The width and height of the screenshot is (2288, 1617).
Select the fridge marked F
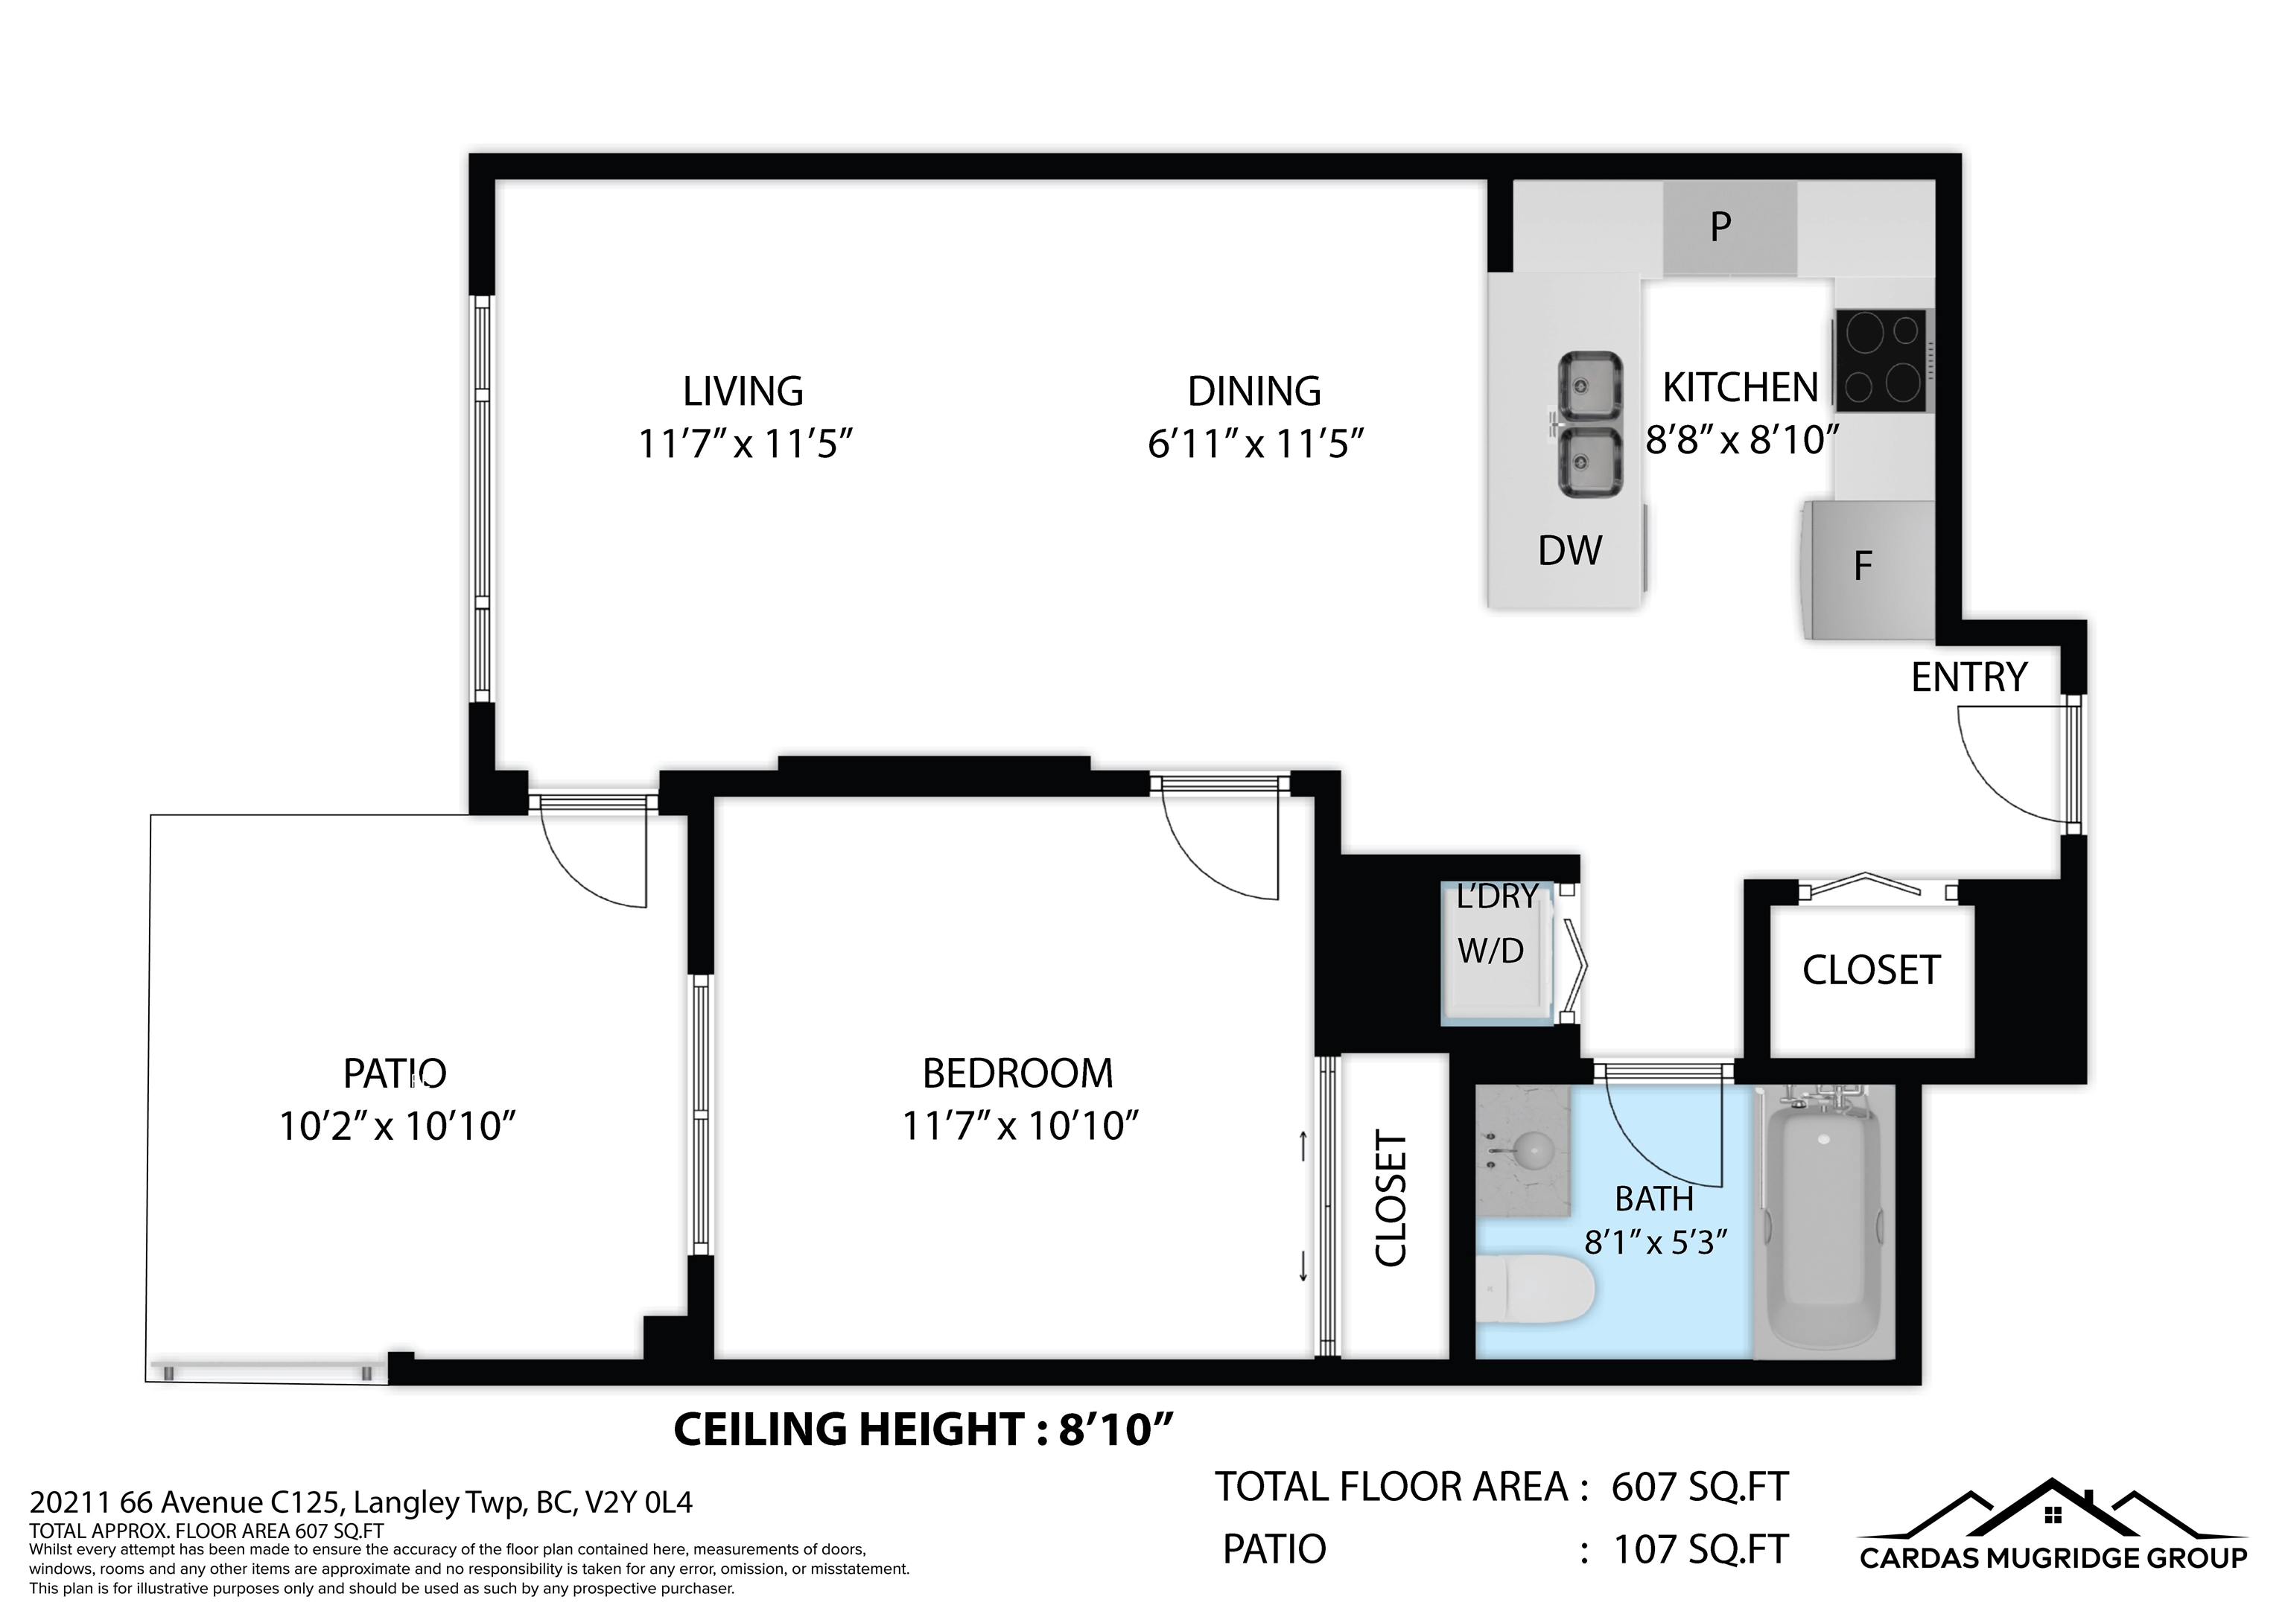point(1866,570)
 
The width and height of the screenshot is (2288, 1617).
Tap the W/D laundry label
point(1491,951)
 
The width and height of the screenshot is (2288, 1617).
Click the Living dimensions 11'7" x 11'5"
point(746,444)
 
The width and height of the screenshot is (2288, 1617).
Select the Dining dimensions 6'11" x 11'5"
point(1255,444)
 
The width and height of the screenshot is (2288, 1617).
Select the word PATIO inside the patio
point(395,1074)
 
